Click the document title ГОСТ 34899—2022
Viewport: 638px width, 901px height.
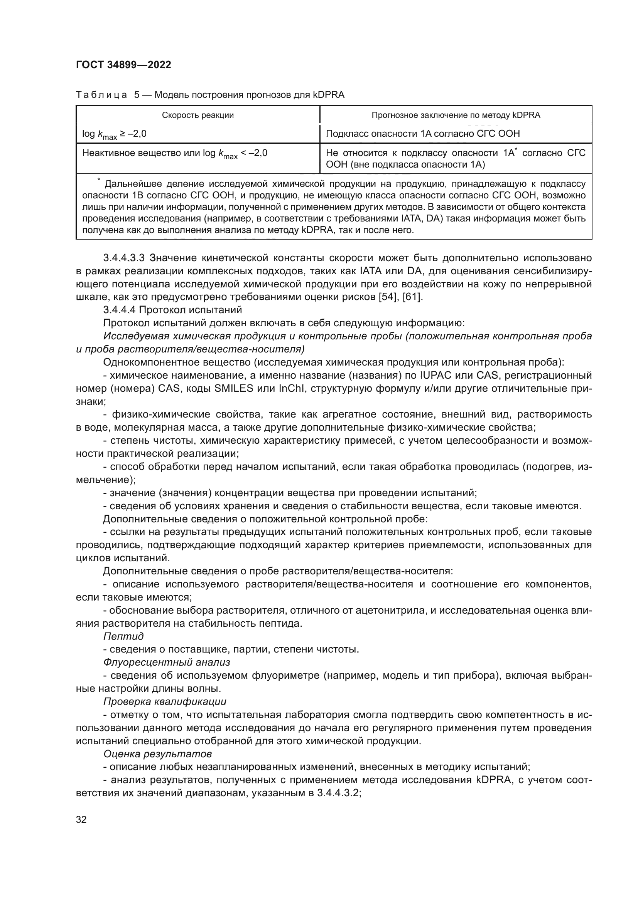(123, 65)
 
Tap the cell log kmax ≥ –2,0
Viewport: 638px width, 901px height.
(114, 134)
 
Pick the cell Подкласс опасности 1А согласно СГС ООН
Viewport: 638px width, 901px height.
(423, 134)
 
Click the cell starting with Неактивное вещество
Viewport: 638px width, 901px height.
(174, 153)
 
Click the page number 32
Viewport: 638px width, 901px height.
(81, 819)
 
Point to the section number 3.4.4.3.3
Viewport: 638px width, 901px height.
(124, 258)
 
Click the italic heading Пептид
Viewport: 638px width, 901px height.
(123, 636)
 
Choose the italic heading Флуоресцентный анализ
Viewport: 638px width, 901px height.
(166, 663)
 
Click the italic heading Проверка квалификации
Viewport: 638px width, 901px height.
(165, 701)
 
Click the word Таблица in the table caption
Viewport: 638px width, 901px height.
(101, 95)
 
